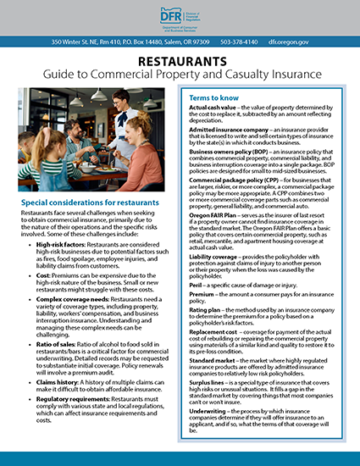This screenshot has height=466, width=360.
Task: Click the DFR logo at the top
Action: click(x=180, y=16)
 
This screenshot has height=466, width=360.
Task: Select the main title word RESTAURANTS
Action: click(x=180, y=62)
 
